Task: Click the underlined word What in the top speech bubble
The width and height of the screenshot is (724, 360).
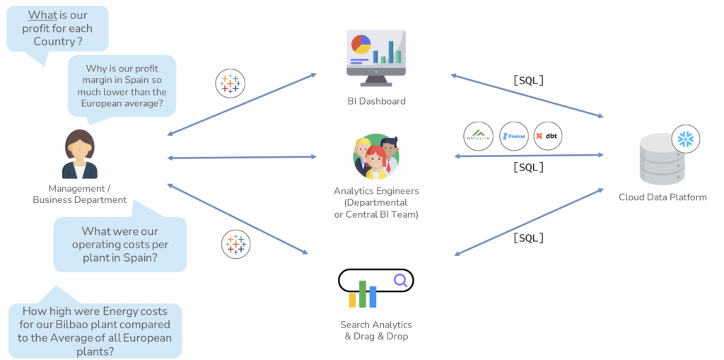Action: click(42, 16)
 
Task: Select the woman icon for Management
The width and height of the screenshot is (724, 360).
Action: click(79, 154)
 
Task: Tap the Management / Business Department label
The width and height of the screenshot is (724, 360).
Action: click(79, 194)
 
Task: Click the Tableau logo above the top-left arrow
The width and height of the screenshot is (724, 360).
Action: click(230, 83)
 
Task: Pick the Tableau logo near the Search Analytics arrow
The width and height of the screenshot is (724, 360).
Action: click(236, 244)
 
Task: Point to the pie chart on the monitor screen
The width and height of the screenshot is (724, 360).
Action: click(361, 45)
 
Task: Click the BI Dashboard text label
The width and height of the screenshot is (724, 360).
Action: click(376, 101)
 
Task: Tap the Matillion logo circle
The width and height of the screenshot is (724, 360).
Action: click(478, 136)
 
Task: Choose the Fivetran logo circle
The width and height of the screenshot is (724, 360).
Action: click(513, 136)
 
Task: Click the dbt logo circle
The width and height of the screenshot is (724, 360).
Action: click(548, 136)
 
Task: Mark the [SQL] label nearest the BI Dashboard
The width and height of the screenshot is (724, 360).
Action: click(528, 81)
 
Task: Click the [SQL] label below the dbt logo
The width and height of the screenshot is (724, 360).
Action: click(528, 168)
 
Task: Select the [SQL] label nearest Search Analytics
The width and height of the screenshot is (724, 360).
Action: click(528, 238)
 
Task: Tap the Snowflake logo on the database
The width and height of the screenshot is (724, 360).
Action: click(685, 139)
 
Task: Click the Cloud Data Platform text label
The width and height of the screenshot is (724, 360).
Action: click(662, 197)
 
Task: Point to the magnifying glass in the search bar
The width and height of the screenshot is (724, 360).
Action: click(400, 281)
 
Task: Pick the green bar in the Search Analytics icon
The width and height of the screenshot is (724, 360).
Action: click(363, 294)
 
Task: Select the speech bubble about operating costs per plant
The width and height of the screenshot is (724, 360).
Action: click(119, 244)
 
